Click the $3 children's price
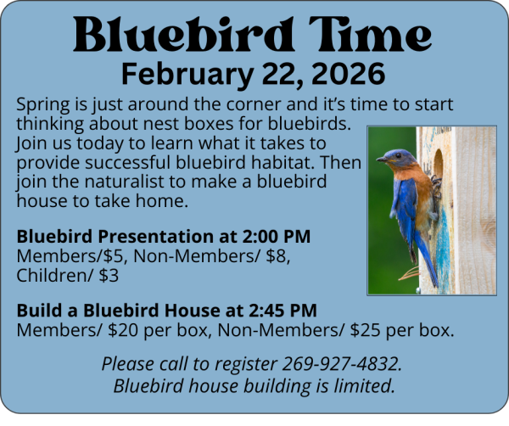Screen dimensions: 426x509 (x=108, y=276)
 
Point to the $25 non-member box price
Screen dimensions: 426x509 (x=366, y=329)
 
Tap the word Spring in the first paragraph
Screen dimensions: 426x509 (x=43, y=105)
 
